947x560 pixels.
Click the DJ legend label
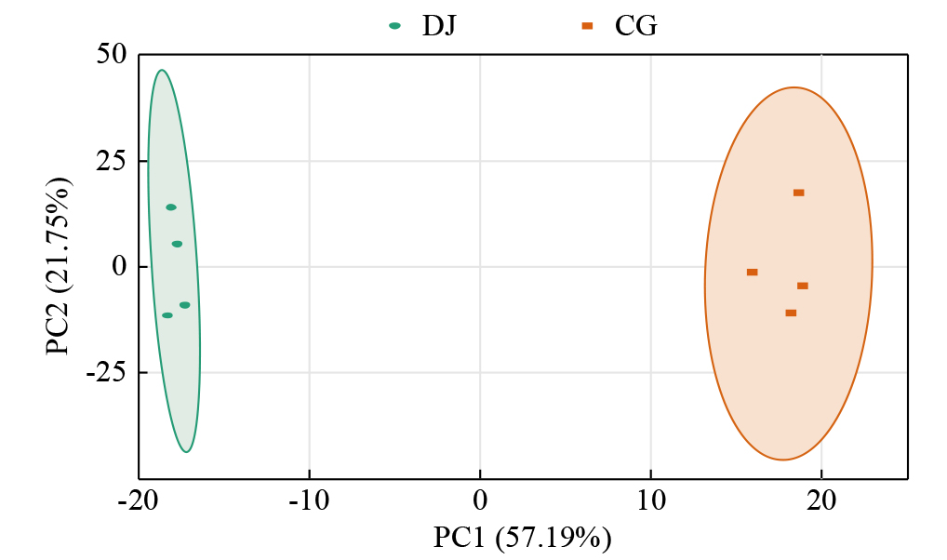439,25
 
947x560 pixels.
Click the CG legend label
636,25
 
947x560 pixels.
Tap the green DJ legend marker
395,26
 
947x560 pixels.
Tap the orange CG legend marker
587,26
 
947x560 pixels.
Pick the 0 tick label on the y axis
119,267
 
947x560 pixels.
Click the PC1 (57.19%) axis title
522,538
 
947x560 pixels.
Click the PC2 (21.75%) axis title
58,267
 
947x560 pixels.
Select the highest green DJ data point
171,207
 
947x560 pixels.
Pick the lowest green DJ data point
167,315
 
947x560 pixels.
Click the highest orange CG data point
798,193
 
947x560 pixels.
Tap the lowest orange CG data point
791,313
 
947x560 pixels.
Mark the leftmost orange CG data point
752,272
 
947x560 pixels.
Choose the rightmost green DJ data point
185,305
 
